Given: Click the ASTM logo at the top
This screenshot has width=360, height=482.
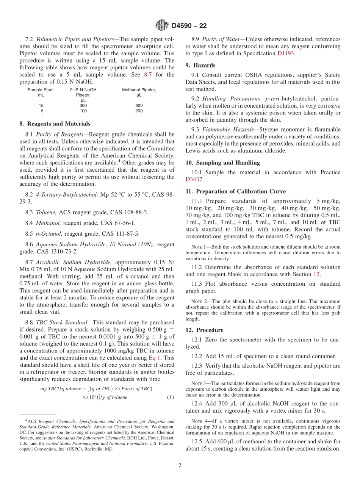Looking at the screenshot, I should click(x=162, y=26).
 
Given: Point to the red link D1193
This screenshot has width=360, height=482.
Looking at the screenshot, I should click(x=285, y=53).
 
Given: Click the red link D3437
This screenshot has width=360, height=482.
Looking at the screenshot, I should click(x=194, y=179).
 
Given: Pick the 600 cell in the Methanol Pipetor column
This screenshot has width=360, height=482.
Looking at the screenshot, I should click(x=139, y=106).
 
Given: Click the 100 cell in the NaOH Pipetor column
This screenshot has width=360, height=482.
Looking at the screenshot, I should click(x=83, y=111).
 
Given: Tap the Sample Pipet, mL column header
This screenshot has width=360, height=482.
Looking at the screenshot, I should click(x=41, y=92).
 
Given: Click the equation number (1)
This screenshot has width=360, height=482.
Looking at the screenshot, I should click(x=170, y=397).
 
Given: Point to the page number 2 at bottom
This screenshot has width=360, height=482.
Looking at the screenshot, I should click(x=180, y=466).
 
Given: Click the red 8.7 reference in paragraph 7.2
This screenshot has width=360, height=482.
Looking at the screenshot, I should click(x=148, y=75).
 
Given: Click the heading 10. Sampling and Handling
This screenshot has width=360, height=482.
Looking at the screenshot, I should click(x=222, y=163).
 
